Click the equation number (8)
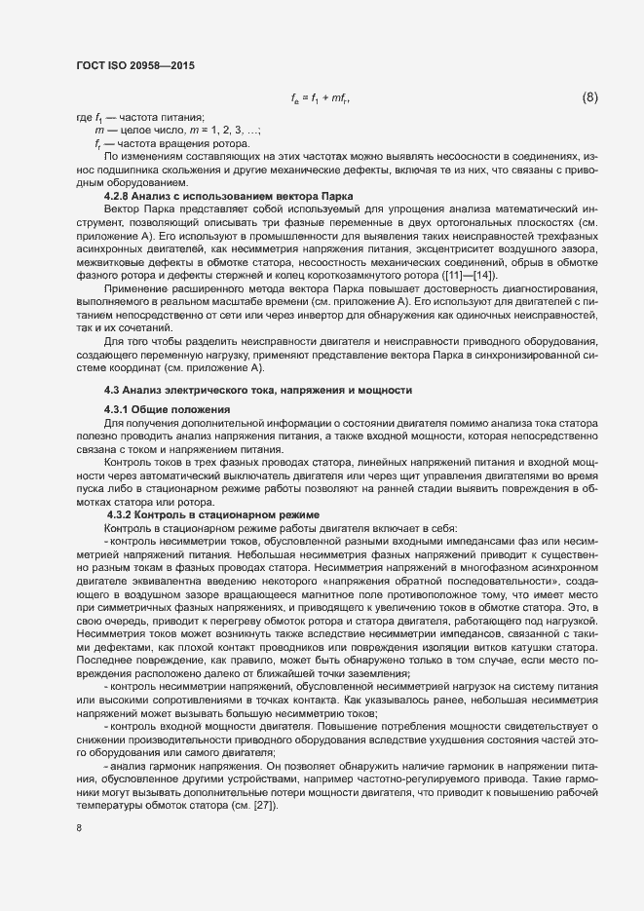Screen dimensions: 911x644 [x=589, y=97]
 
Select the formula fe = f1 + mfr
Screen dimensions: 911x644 [x=321, y=98]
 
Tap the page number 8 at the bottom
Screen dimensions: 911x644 [x=79, y=828]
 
